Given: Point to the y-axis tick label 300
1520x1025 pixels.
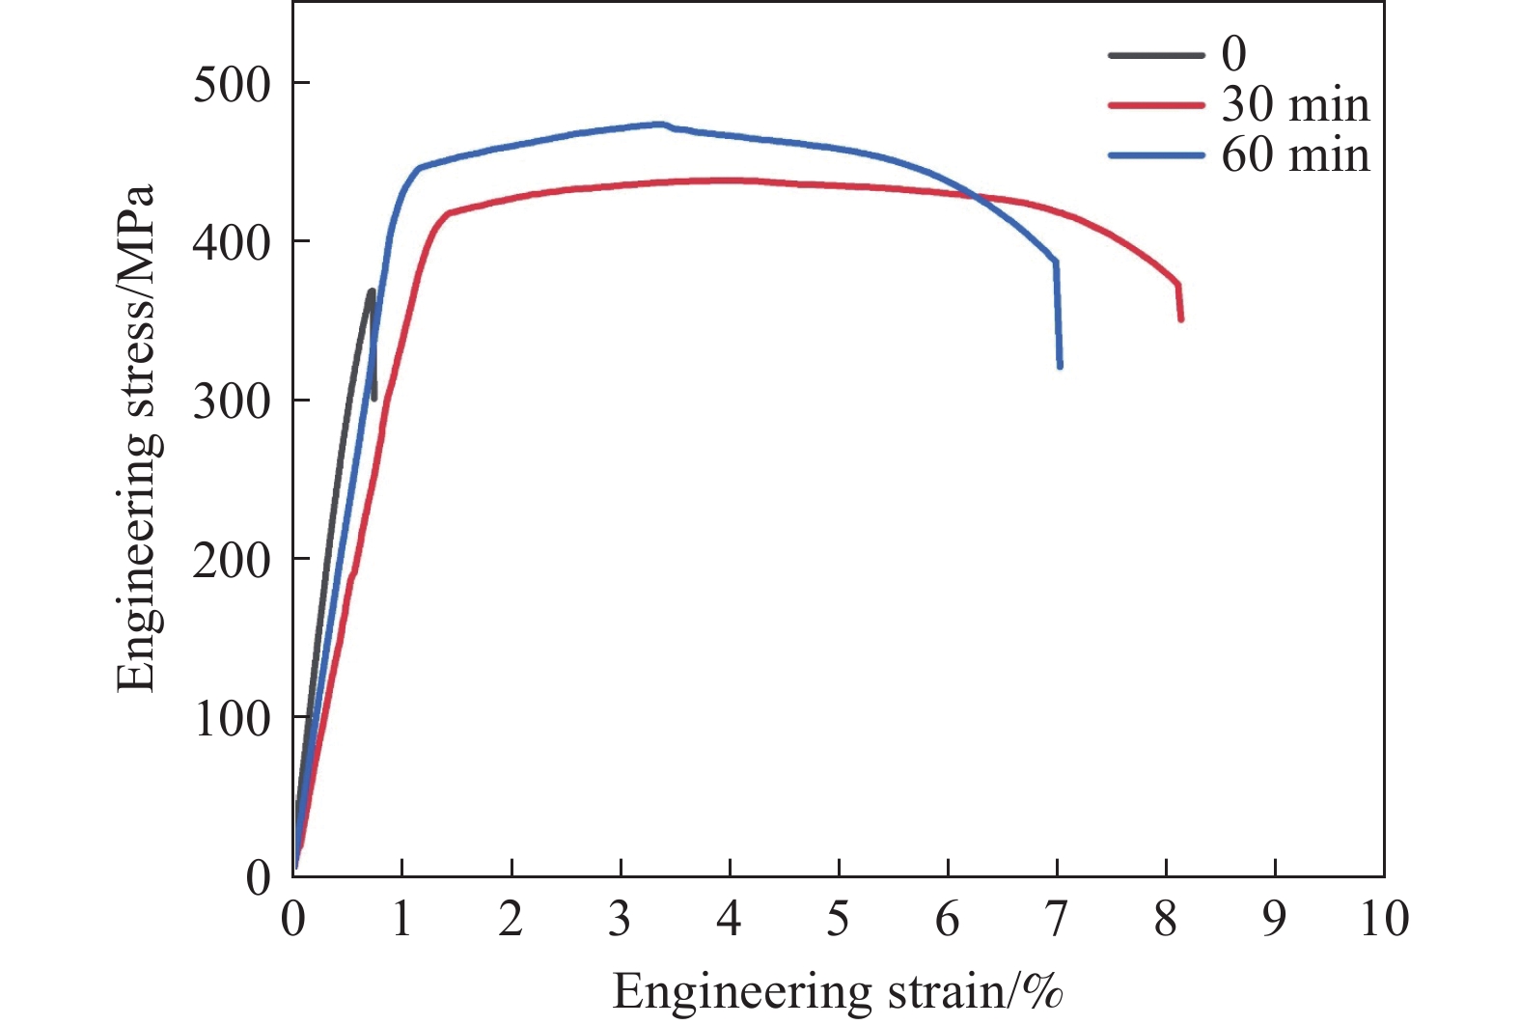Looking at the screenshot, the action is click(x=232, y=402).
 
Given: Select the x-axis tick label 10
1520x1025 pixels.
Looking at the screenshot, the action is click(x=1384, y=919).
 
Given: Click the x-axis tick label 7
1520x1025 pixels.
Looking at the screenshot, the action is click(x=1057, y=919).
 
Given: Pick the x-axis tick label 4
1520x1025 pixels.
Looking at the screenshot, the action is click(x=730, y=919).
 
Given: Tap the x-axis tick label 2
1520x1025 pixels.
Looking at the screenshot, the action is click(x=511, y=919).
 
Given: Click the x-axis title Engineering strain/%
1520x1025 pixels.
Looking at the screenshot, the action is click(x=838, y=992).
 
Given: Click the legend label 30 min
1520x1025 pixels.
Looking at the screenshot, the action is click(x=1295, y=104).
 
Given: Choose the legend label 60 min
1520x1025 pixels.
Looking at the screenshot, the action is click(x=1295, y=155).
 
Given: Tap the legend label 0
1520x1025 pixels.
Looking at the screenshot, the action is click(x=1233, y=54).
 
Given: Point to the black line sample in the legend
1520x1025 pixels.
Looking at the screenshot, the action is click(x=1156, y=54).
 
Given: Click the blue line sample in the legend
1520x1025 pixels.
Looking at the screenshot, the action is click(x=1156, y=155).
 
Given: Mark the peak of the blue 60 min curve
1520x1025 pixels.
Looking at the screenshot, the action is click(x=662, y=125).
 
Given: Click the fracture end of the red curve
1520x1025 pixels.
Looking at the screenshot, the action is click(x=1181, y=319).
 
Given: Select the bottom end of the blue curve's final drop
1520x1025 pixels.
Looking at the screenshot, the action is click(x=1060, y=367).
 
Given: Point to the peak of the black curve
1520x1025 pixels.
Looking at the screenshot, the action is click(x=372, y=291).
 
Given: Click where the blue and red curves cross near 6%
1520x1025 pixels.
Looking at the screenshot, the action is click(x=973, y=196).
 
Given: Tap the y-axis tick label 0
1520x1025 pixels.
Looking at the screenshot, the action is click(x=259, y=878).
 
